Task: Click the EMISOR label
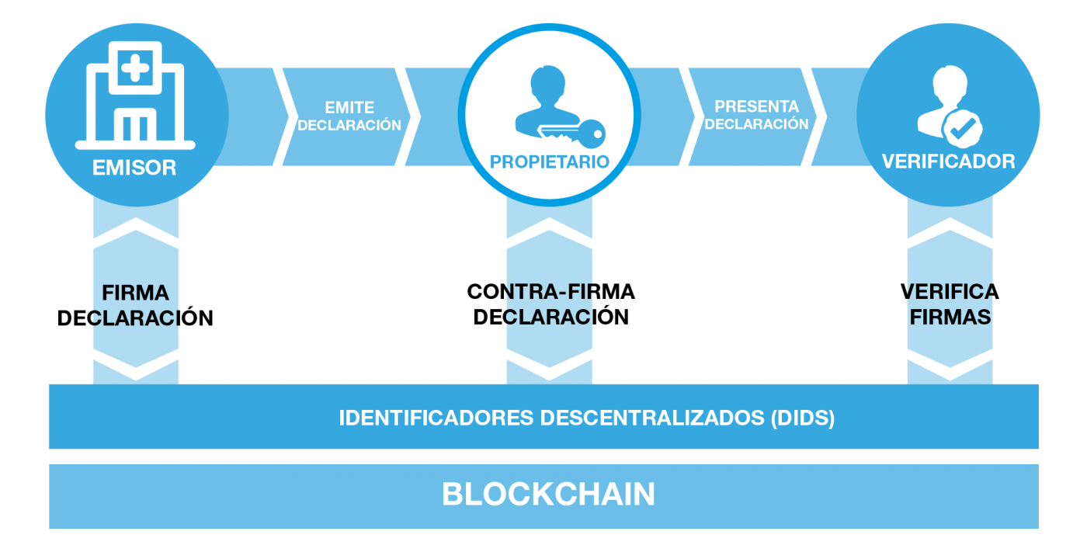coord(134,168)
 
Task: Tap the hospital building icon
coord(135,95)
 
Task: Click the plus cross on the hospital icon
coord(135,68)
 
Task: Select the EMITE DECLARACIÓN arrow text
coord(349,116)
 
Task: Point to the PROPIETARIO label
coord(550,162)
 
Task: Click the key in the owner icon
coord(573,134)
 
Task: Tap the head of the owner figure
coord(548,83)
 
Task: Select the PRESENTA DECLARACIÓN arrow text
coord(756,116)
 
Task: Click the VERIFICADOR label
coord(949,162)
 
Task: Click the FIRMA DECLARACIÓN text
coord(135,306)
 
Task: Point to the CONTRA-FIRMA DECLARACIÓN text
coord(550,304)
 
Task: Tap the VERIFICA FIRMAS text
coord(950,304)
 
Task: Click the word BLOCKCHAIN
coord(548,495)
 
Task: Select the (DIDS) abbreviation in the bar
coord(803,418)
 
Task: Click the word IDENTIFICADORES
coord(436,418)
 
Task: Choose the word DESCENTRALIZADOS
coord(652,418)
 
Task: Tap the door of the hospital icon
coord(135,125)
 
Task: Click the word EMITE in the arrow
coord(349,108)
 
